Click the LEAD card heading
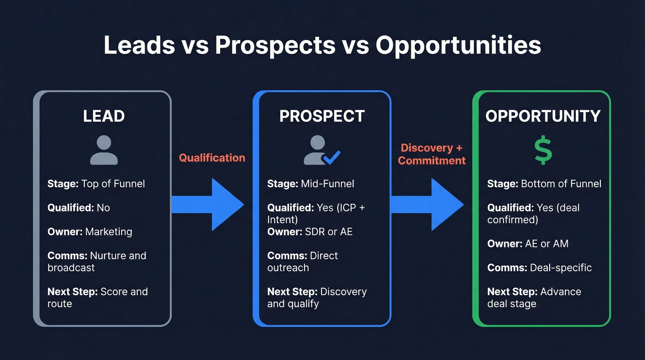point(104,116)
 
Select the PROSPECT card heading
point(322,116)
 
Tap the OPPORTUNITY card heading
point(543,116)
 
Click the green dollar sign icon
point(543,150)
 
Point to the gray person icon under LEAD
point(104,150)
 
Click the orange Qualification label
point(212,158)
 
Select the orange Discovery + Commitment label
point(432,154)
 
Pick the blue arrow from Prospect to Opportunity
point(428,205)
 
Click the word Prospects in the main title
point(275,46)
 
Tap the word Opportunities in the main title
point(458,46)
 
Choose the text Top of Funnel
point(113,184)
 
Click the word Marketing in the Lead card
point(109,232)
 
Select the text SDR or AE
point(328,232)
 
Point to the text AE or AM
point(546,244)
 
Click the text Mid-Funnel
point(327,184)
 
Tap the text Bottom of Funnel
point(561,184)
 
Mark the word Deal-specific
point(561,268)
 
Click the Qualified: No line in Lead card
point(79,208)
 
